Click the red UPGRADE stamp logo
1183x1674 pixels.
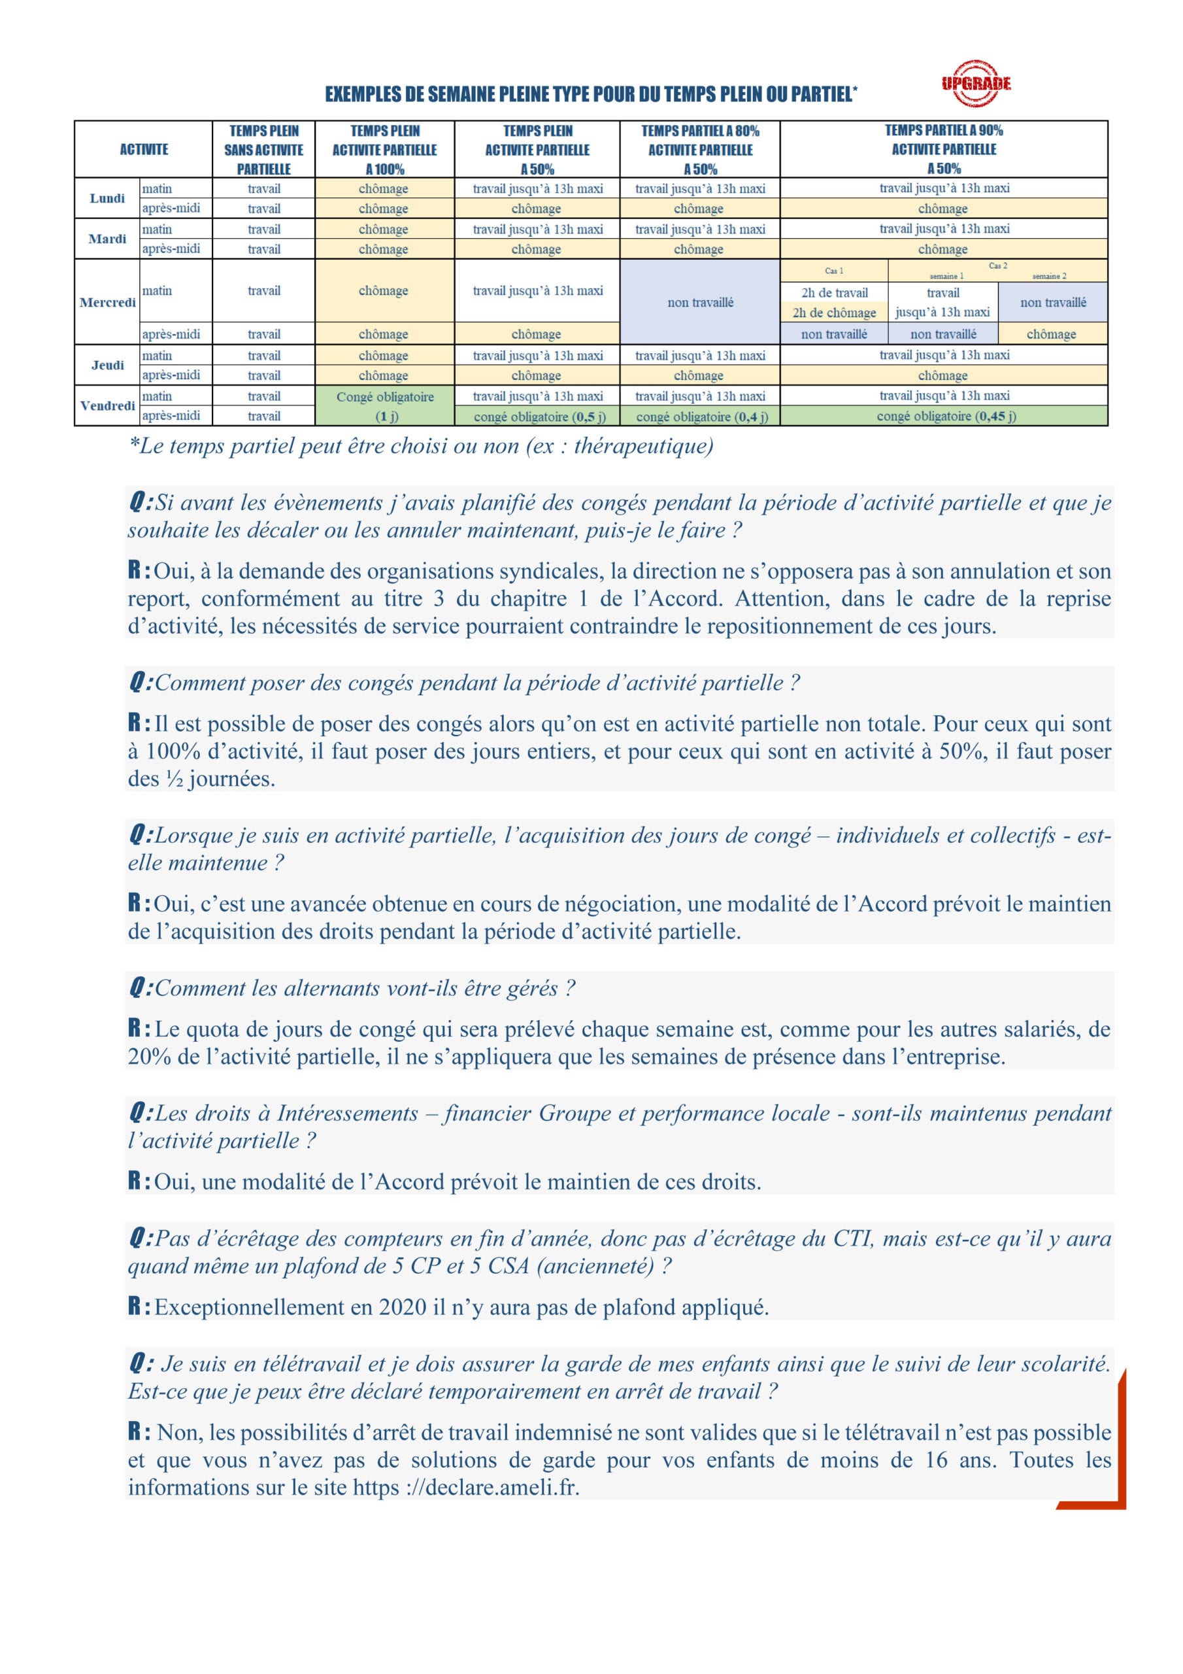pyautogui.click(x=975, y=83)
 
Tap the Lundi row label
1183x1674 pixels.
pyautogui.click(x=107, y=198)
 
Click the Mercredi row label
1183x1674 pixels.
pyautogui.click(x=107, y=303)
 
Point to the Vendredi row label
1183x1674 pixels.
pyautogui.click(x=107, y=406)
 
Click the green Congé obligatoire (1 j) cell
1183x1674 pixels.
pyautogui.click(x=385, y=406)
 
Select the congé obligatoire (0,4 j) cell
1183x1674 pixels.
pyautogui.click(x=700, y=417)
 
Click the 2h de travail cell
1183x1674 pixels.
pyautogui.click(x=834, y=293)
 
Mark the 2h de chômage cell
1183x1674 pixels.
pyautogui.click(x=834, y=313)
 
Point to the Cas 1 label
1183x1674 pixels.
pyautogui.click(x=834, y=271)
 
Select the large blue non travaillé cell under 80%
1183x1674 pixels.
pyautogui.click(x=700, y=303)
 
